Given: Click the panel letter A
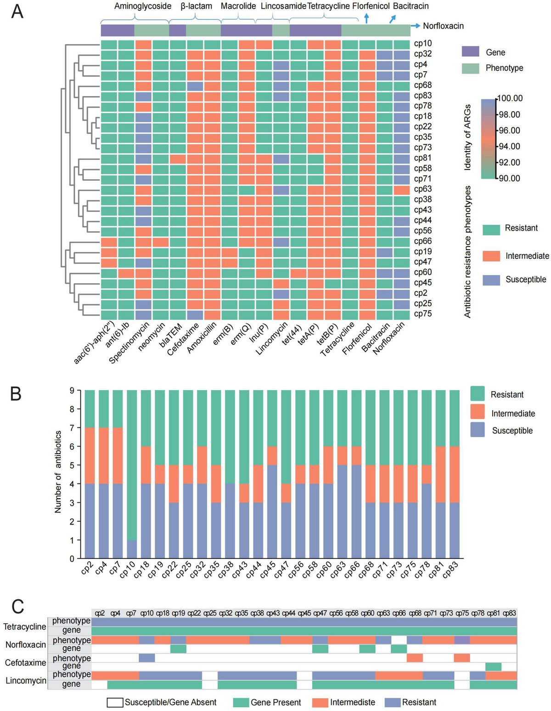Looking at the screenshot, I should [17, 11].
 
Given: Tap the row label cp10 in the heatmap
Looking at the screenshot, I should [422, 44].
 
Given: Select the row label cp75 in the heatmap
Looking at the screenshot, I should [422, 314].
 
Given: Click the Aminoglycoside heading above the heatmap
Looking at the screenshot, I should [143, 6].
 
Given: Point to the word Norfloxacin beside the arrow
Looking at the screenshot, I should [443, 26].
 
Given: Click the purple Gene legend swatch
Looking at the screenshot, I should [470, 52].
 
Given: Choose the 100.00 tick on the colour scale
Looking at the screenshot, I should [510, 98].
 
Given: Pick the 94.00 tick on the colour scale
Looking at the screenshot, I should [509, 147].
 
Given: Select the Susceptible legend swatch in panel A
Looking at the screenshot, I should [491, 279].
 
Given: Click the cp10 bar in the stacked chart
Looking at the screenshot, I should [131, 473].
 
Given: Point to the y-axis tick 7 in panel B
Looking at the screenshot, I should [72, 428].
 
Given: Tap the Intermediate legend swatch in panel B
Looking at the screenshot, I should [478, 412].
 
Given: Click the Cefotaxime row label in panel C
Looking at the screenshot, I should [26, 663].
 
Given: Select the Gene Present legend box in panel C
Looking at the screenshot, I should [241, 702].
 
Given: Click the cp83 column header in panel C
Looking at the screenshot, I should [509, 613].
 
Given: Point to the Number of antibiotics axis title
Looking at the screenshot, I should [58, 472].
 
